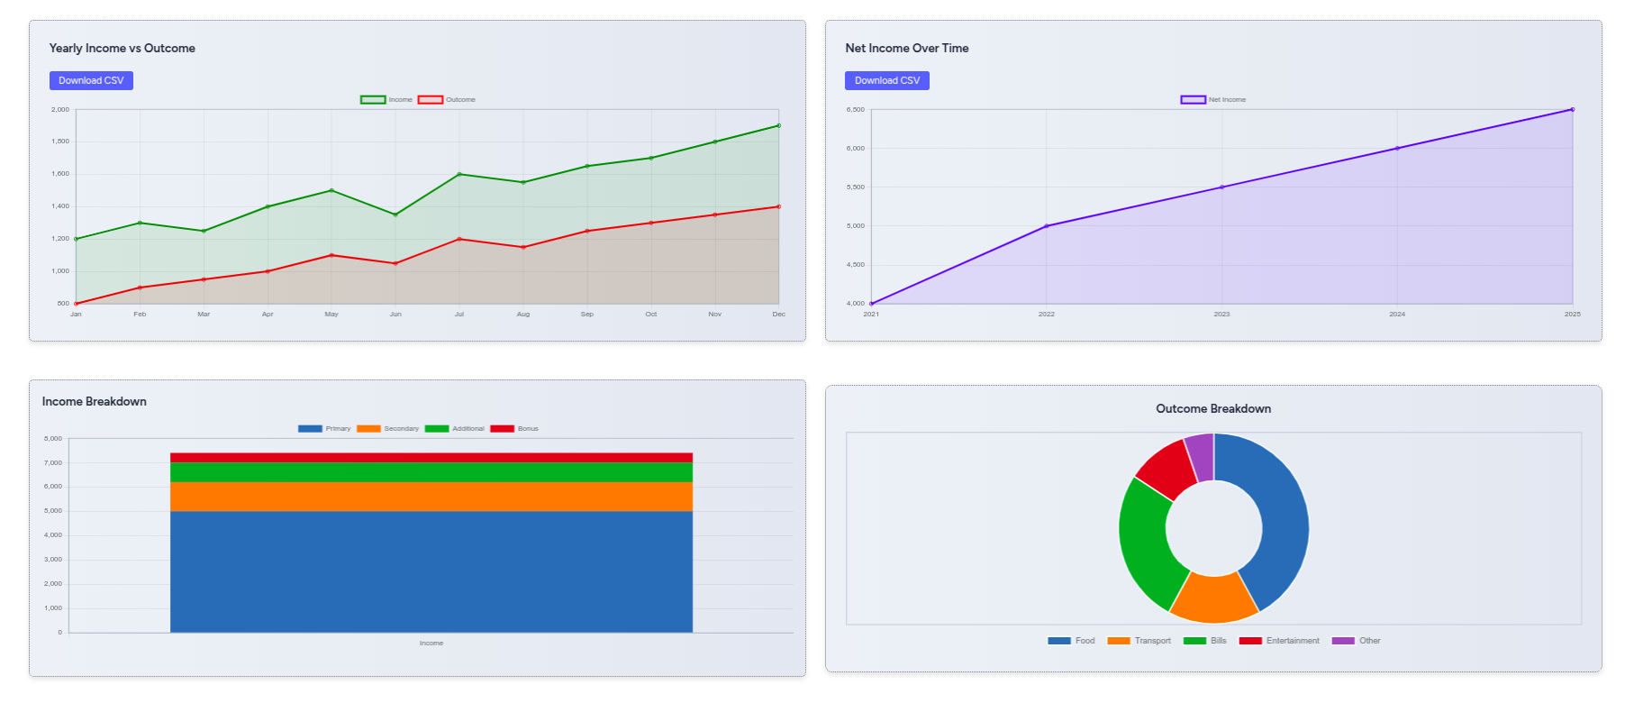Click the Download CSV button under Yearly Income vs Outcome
[x=91, y=81]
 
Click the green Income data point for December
[x=778, y=125]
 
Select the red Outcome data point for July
[x=459, y=239]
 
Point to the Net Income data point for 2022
[x=1047, y=226]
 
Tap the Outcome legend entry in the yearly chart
[x=447, y=100]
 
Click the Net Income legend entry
[x=1213, y=100]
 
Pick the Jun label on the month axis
[x=395, y=315]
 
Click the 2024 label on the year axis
[x=1397, y=315]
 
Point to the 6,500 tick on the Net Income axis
[x=855, y=110]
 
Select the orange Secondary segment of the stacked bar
[x=431, y=497]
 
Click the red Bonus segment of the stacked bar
[x=431, y=458]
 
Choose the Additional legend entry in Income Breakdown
[x=455, y=429]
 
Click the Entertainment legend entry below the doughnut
[x=1279, y=641]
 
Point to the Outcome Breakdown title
[x=1213, y=409]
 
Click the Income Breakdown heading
[x=95, y=402]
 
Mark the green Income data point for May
[x=331, y=190]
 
